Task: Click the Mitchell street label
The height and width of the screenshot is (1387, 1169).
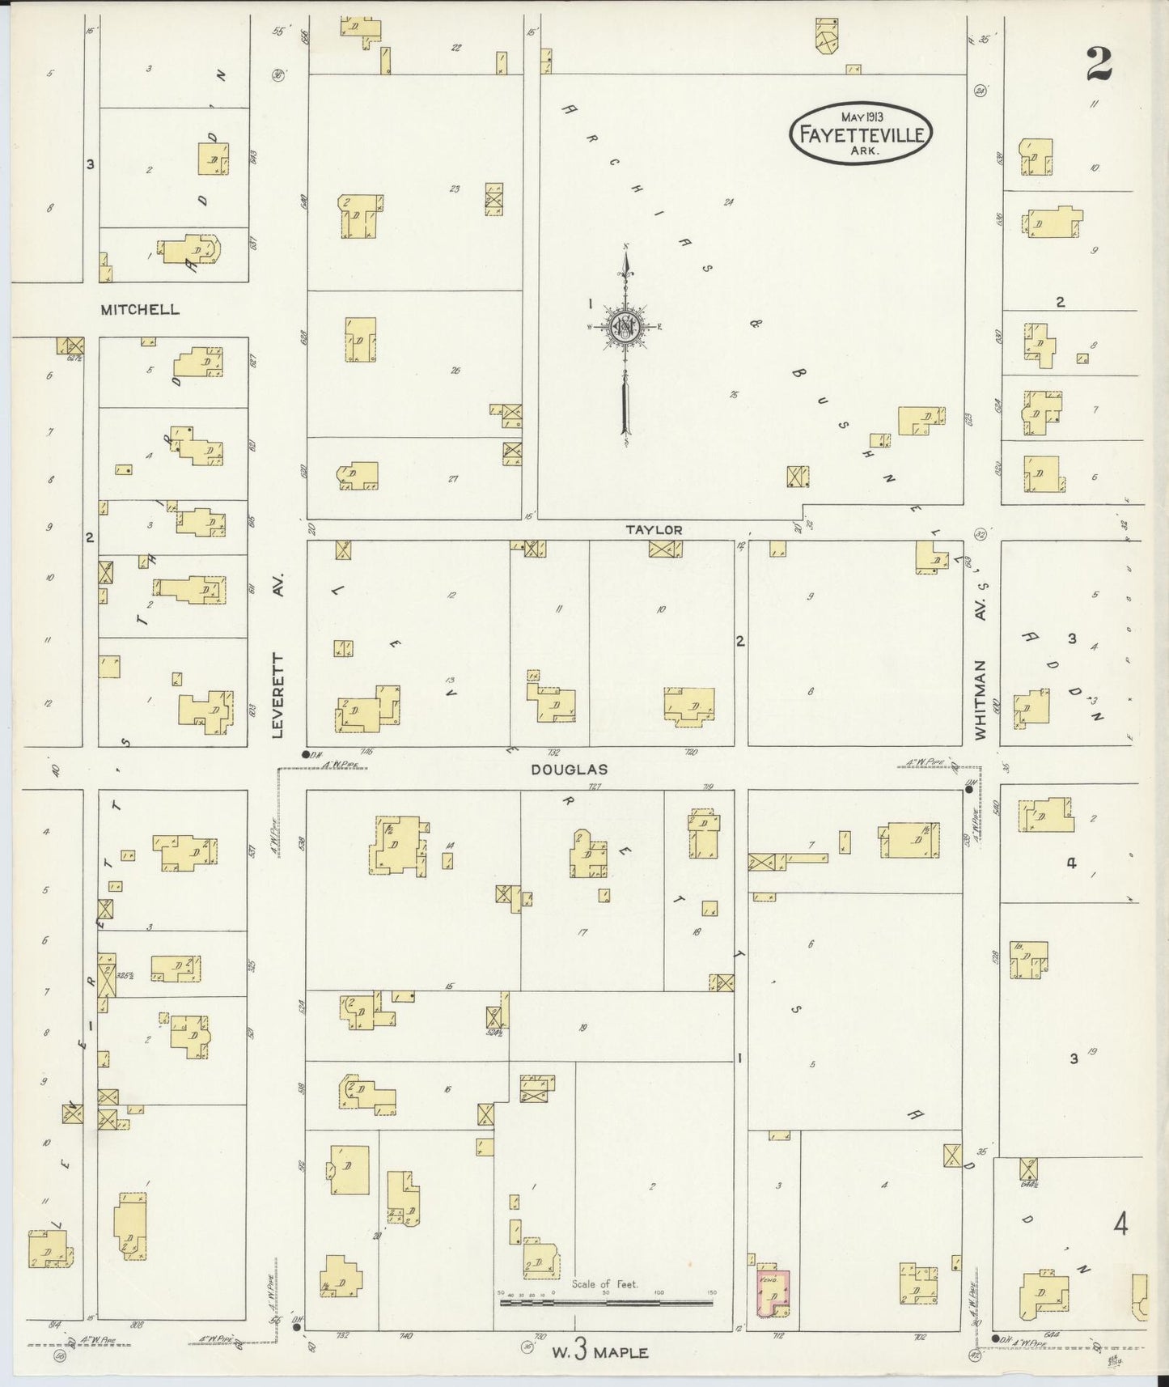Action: (140, 309)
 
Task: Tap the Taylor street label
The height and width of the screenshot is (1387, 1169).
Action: (654, 529)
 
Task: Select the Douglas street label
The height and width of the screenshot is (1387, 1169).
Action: (569, 770)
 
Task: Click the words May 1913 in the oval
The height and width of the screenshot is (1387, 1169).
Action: (861, 117)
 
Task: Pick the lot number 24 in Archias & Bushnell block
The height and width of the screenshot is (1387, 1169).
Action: (727, 201)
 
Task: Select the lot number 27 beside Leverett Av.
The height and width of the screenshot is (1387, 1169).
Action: (453, 478)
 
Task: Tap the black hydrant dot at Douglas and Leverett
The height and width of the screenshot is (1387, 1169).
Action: (306, 754)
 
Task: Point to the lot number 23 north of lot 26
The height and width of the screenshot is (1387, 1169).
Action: (455, 189)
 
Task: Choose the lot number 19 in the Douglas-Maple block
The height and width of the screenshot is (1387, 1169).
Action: (582, 1028)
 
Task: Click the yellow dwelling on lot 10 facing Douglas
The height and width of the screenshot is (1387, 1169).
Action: (689, 703)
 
